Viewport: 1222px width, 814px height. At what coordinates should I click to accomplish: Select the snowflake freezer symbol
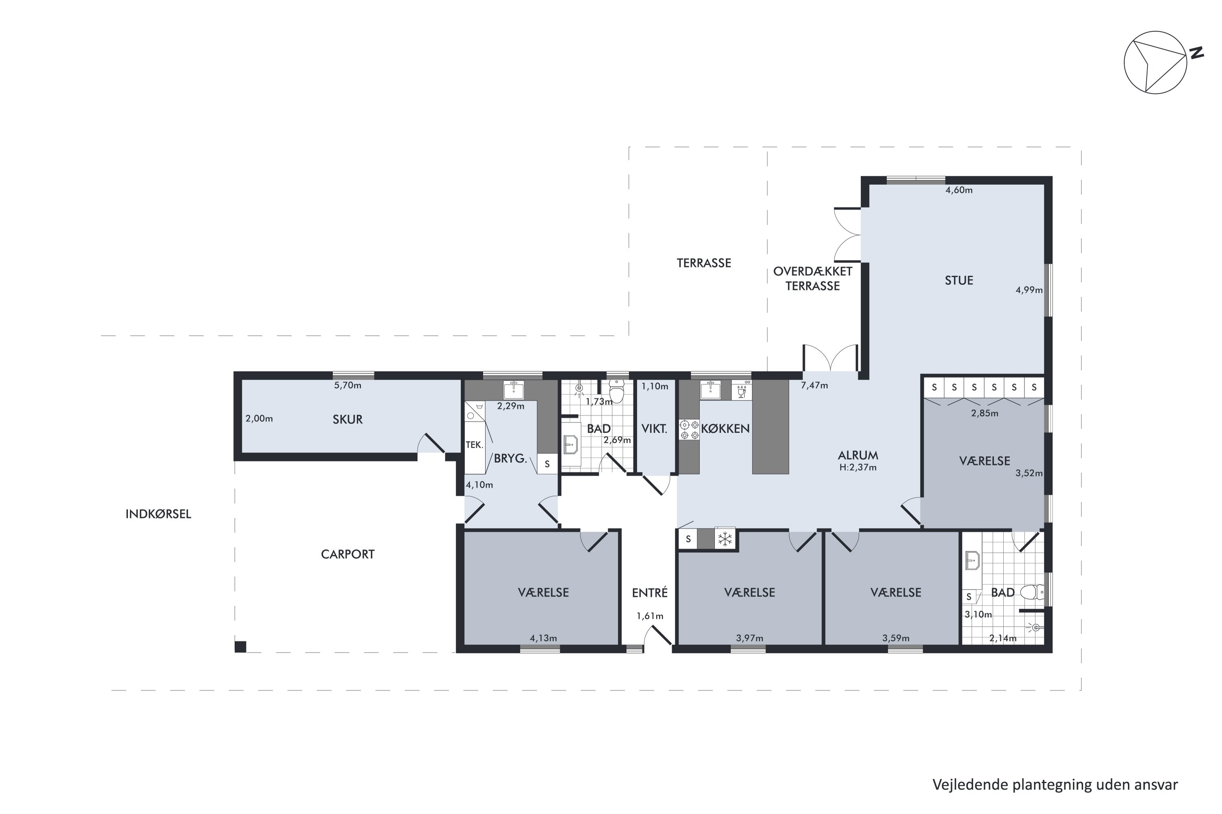[x=725, y=539]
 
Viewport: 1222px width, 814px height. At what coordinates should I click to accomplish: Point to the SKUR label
[x=347, y=420]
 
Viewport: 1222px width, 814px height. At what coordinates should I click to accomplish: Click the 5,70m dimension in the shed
[x=347, y=385]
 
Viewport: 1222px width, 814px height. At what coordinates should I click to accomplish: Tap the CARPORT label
[x=347, y=554]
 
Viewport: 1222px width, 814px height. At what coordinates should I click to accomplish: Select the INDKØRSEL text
[x=158, y=514]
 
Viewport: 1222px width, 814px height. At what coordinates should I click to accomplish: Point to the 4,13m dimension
[x=543, y=638]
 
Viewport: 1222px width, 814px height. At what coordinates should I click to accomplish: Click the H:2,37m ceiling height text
[x=858, y=467]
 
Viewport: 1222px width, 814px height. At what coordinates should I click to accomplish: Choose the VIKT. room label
[x=654, y=429]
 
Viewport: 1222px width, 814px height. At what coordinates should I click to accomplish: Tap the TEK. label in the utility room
[x=475, y=445]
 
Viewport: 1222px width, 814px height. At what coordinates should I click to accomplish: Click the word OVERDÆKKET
[x=813, y=271]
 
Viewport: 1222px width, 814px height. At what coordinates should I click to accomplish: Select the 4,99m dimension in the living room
[x=1029, y=290]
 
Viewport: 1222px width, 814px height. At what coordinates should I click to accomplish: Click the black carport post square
[x=241, y=647]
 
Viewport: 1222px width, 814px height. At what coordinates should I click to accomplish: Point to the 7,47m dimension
[x=814, y=385]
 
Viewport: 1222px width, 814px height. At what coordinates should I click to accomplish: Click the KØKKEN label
[x=725, y=429]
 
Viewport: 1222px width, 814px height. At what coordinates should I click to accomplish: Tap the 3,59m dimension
[x=896, y=638]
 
